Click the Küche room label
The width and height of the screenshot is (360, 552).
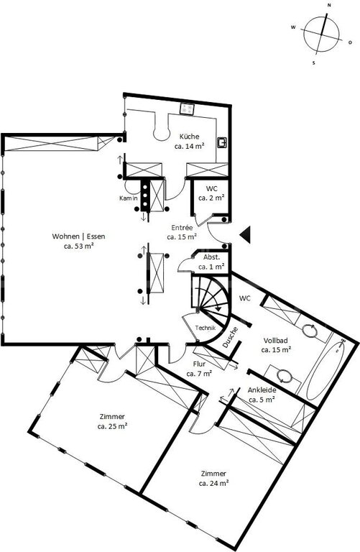click(x=189, y=137)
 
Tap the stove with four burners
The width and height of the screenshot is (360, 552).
click(x=188, y=109)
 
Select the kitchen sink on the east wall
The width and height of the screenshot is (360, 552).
click(x=223, y=142)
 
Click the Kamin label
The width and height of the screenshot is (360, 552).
click(x=129, y=198)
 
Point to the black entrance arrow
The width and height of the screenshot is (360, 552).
click(x=245, y=234)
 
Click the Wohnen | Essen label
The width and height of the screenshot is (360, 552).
click(x=78, y=236)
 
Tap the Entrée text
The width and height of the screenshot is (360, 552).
click(x=182, y=227)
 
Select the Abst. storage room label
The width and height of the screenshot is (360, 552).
click(x=211, y=257)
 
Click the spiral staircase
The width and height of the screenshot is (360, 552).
click(x=210, y=298)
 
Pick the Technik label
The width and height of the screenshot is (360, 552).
click(x=206, y=328)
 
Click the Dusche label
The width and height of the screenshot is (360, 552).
click(x=230, y=337)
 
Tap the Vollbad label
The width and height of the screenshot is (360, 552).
click(x=276, y=341)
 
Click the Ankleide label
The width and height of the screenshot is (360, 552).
click(x=262, y=390)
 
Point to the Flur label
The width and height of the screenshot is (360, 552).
click(x=199, y=364)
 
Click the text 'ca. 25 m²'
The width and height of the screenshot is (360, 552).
click(x=112, y=426)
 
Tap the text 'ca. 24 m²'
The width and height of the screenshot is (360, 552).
click(x=213, y=483)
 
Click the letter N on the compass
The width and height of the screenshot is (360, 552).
click(x=329, y=5)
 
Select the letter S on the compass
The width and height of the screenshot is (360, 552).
click(x=313, y=63)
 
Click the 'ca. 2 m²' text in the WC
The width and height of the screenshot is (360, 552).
click(x=211, y=198)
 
